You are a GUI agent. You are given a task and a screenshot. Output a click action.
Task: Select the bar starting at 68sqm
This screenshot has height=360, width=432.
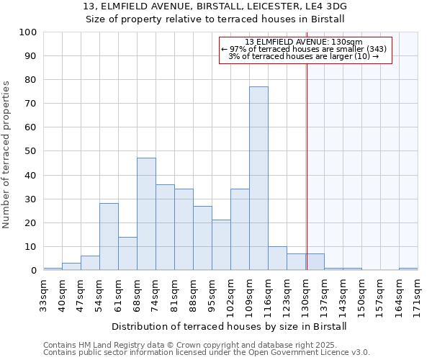146,214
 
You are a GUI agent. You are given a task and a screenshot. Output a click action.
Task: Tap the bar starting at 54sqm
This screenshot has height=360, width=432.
109,237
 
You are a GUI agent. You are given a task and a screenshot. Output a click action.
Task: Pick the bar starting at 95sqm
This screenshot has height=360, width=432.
221,245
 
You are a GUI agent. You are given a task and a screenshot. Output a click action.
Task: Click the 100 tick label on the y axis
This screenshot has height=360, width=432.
28,32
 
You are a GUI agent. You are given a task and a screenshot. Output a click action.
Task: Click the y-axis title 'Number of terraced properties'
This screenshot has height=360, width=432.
6,155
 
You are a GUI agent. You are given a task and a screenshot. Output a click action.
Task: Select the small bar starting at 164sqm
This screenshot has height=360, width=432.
408,269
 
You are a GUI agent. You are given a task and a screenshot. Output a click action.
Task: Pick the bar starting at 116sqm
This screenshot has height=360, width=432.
277,258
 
